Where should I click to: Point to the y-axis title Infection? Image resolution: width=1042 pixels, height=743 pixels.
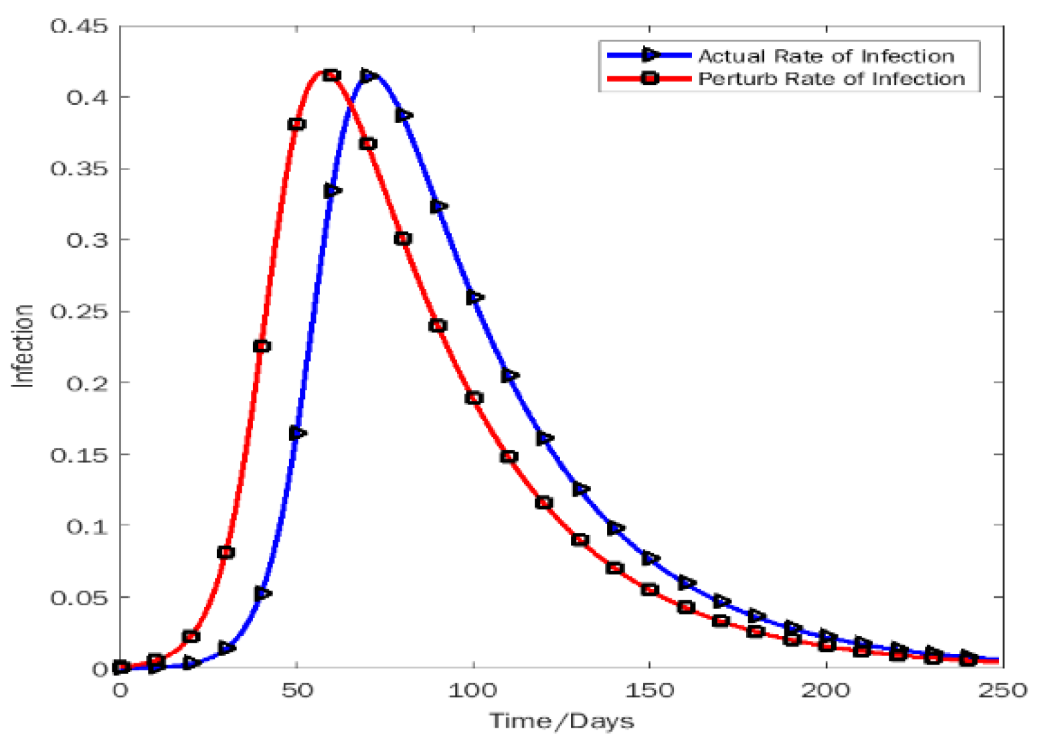point(24,345)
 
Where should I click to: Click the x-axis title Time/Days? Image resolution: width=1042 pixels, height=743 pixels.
point(561,721)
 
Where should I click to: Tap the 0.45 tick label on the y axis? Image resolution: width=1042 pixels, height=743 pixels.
point(78,27)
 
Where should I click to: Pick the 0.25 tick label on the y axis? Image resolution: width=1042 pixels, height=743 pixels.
point(78,312)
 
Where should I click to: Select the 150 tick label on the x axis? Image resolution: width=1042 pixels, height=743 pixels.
point(649,690)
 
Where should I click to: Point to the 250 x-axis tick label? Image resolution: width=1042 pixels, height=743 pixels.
point(1003,690)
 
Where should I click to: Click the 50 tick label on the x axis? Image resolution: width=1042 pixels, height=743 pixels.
point(296,690)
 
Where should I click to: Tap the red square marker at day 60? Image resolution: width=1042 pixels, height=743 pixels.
point(331,75)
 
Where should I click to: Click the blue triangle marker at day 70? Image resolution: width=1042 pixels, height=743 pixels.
point(368,76)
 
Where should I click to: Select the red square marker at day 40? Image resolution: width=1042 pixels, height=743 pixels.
point(262,346)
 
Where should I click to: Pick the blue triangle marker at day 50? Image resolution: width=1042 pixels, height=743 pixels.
point(298,433)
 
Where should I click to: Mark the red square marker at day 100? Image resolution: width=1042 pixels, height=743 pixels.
point(474,398)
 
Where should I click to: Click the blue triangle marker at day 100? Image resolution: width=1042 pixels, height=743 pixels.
point(474,297)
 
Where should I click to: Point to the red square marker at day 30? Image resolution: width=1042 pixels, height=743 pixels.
point(226,552)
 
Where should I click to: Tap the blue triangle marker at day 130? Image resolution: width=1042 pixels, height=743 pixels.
point(581,489)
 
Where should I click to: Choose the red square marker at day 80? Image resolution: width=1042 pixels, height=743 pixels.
point(403,239)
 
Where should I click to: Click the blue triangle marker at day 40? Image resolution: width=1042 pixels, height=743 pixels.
point(262,593)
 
